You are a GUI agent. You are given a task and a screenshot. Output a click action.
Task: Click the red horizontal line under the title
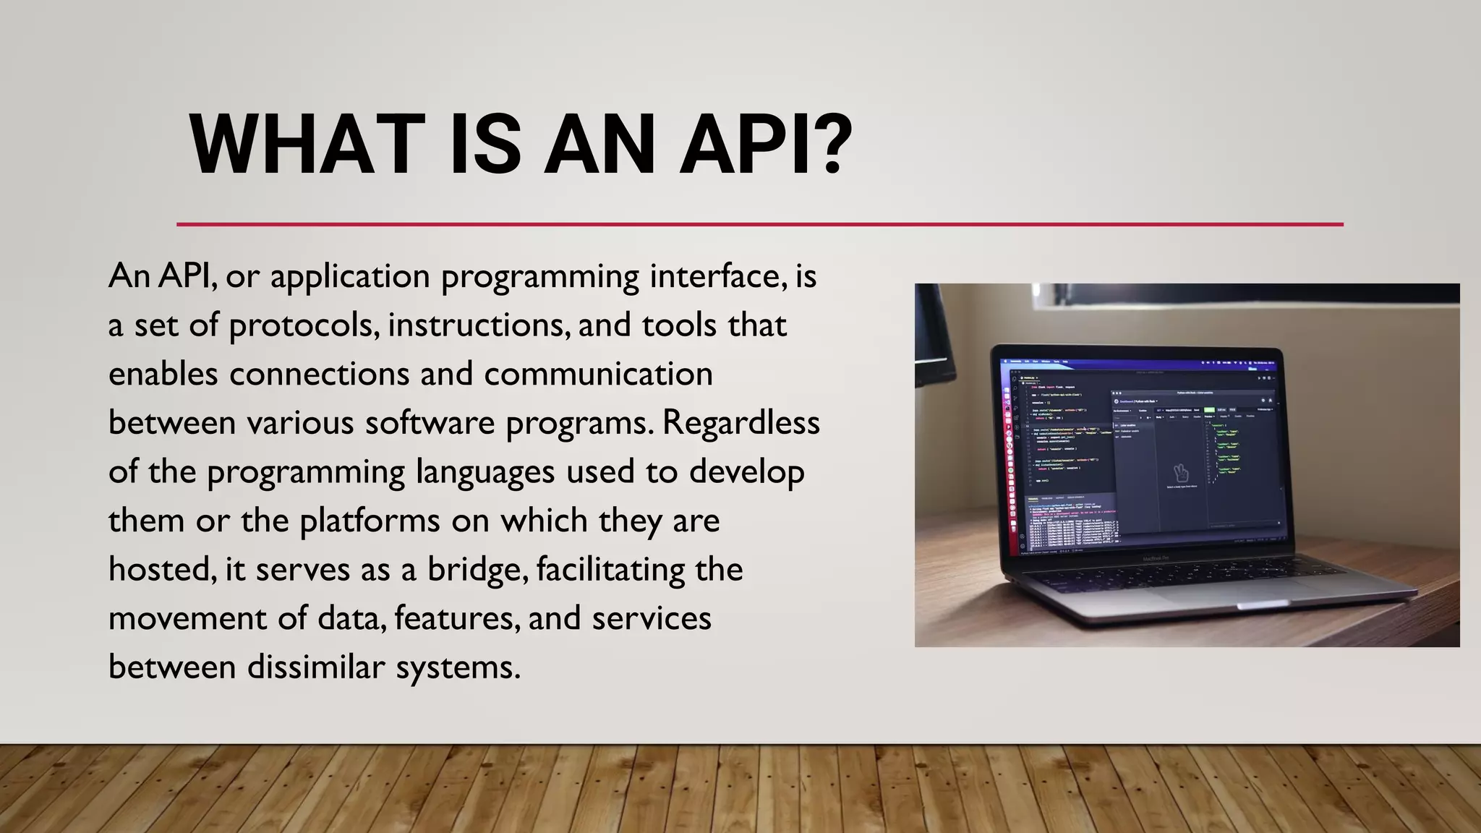(x=759, y=224)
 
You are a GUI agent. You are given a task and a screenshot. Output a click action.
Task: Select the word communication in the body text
(x=598, y=375)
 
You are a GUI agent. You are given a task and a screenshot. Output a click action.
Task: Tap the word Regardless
(x=741, y=423)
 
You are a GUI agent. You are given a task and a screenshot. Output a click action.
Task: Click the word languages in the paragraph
(x=485, y=473)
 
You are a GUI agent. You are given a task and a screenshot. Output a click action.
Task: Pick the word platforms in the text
(x=370, y=521)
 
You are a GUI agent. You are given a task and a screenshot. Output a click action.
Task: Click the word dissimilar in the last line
(x=316, y=667)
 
